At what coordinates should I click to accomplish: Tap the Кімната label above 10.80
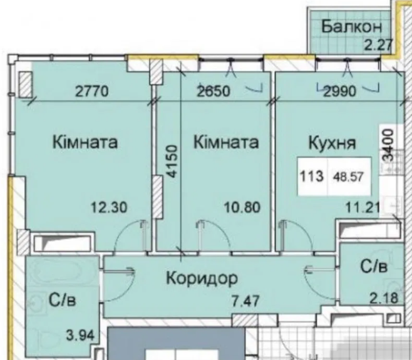pyautogui.click(x=226, y=142)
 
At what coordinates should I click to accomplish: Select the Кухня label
pyautogui.click(x=332, y=143)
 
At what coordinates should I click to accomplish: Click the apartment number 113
pyautogui.click(x=311, y=175)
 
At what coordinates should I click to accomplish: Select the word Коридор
pyautogui.click(x=203, y=277)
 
